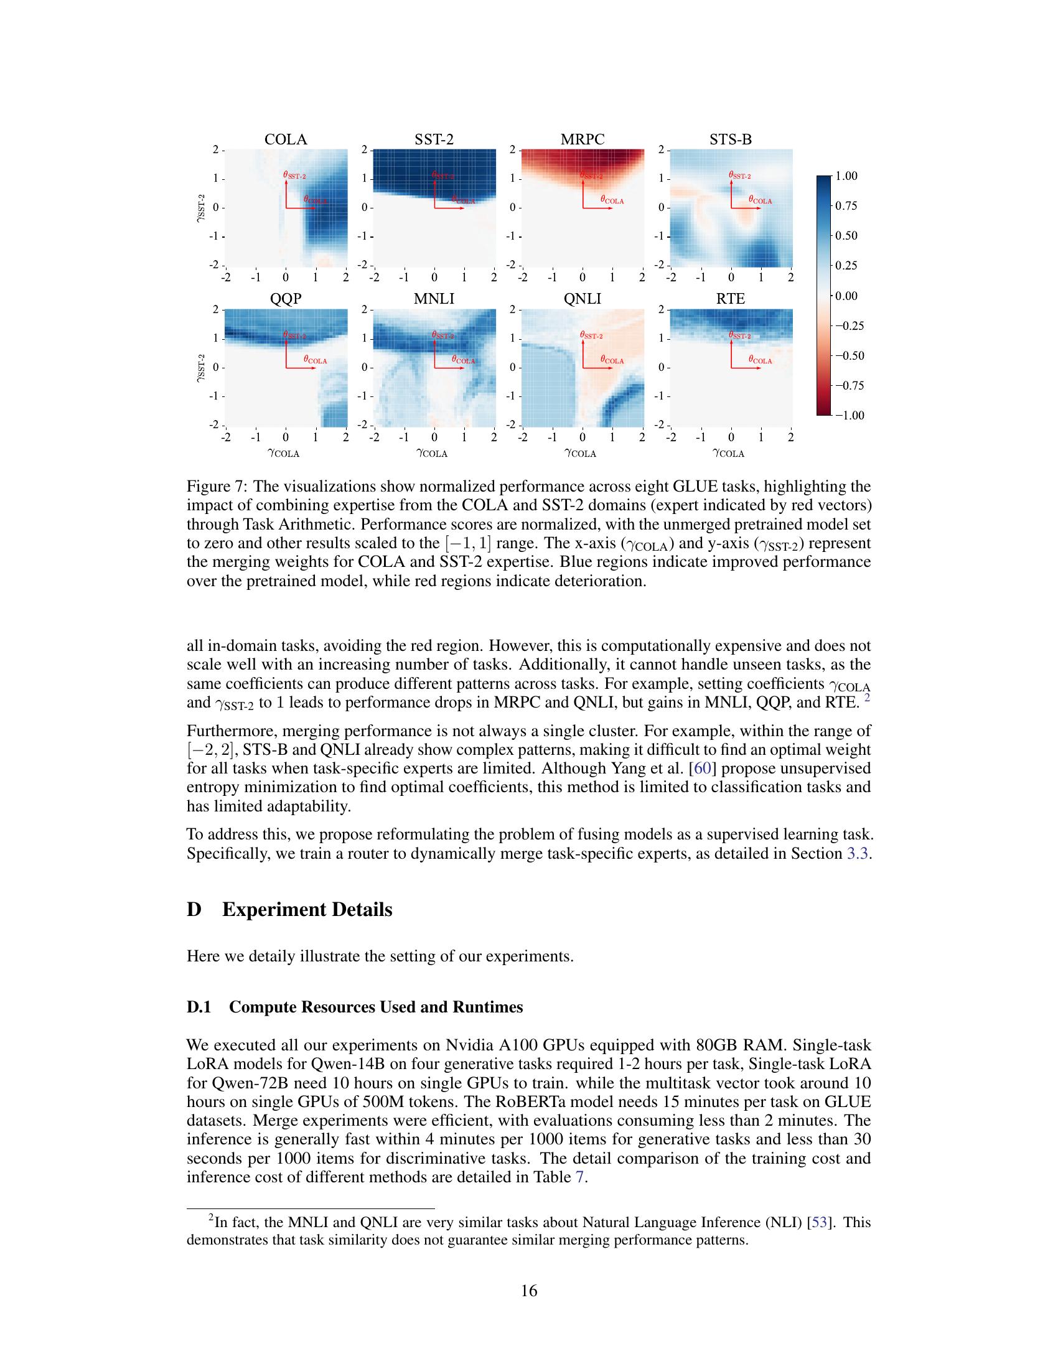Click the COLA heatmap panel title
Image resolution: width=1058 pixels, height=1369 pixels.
tap(286, 139)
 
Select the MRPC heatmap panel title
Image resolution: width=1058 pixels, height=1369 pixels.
tap(583, 139)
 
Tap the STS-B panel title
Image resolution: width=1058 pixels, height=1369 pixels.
tap(730, 139)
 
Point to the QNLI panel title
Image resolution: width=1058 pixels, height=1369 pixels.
tap(583, 299)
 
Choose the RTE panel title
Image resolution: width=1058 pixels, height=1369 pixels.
tap(730, 299)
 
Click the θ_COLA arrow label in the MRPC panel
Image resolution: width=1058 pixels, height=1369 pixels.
tap(612, 200)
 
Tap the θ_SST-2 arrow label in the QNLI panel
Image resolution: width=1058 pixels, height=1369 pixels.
tap(591, 335)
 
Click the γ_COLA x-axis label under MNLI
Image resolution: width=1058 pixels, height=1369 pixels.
tap(432, 453)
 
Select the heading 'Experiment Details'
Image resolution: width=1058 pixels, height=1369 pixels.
tap(307, 910)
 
